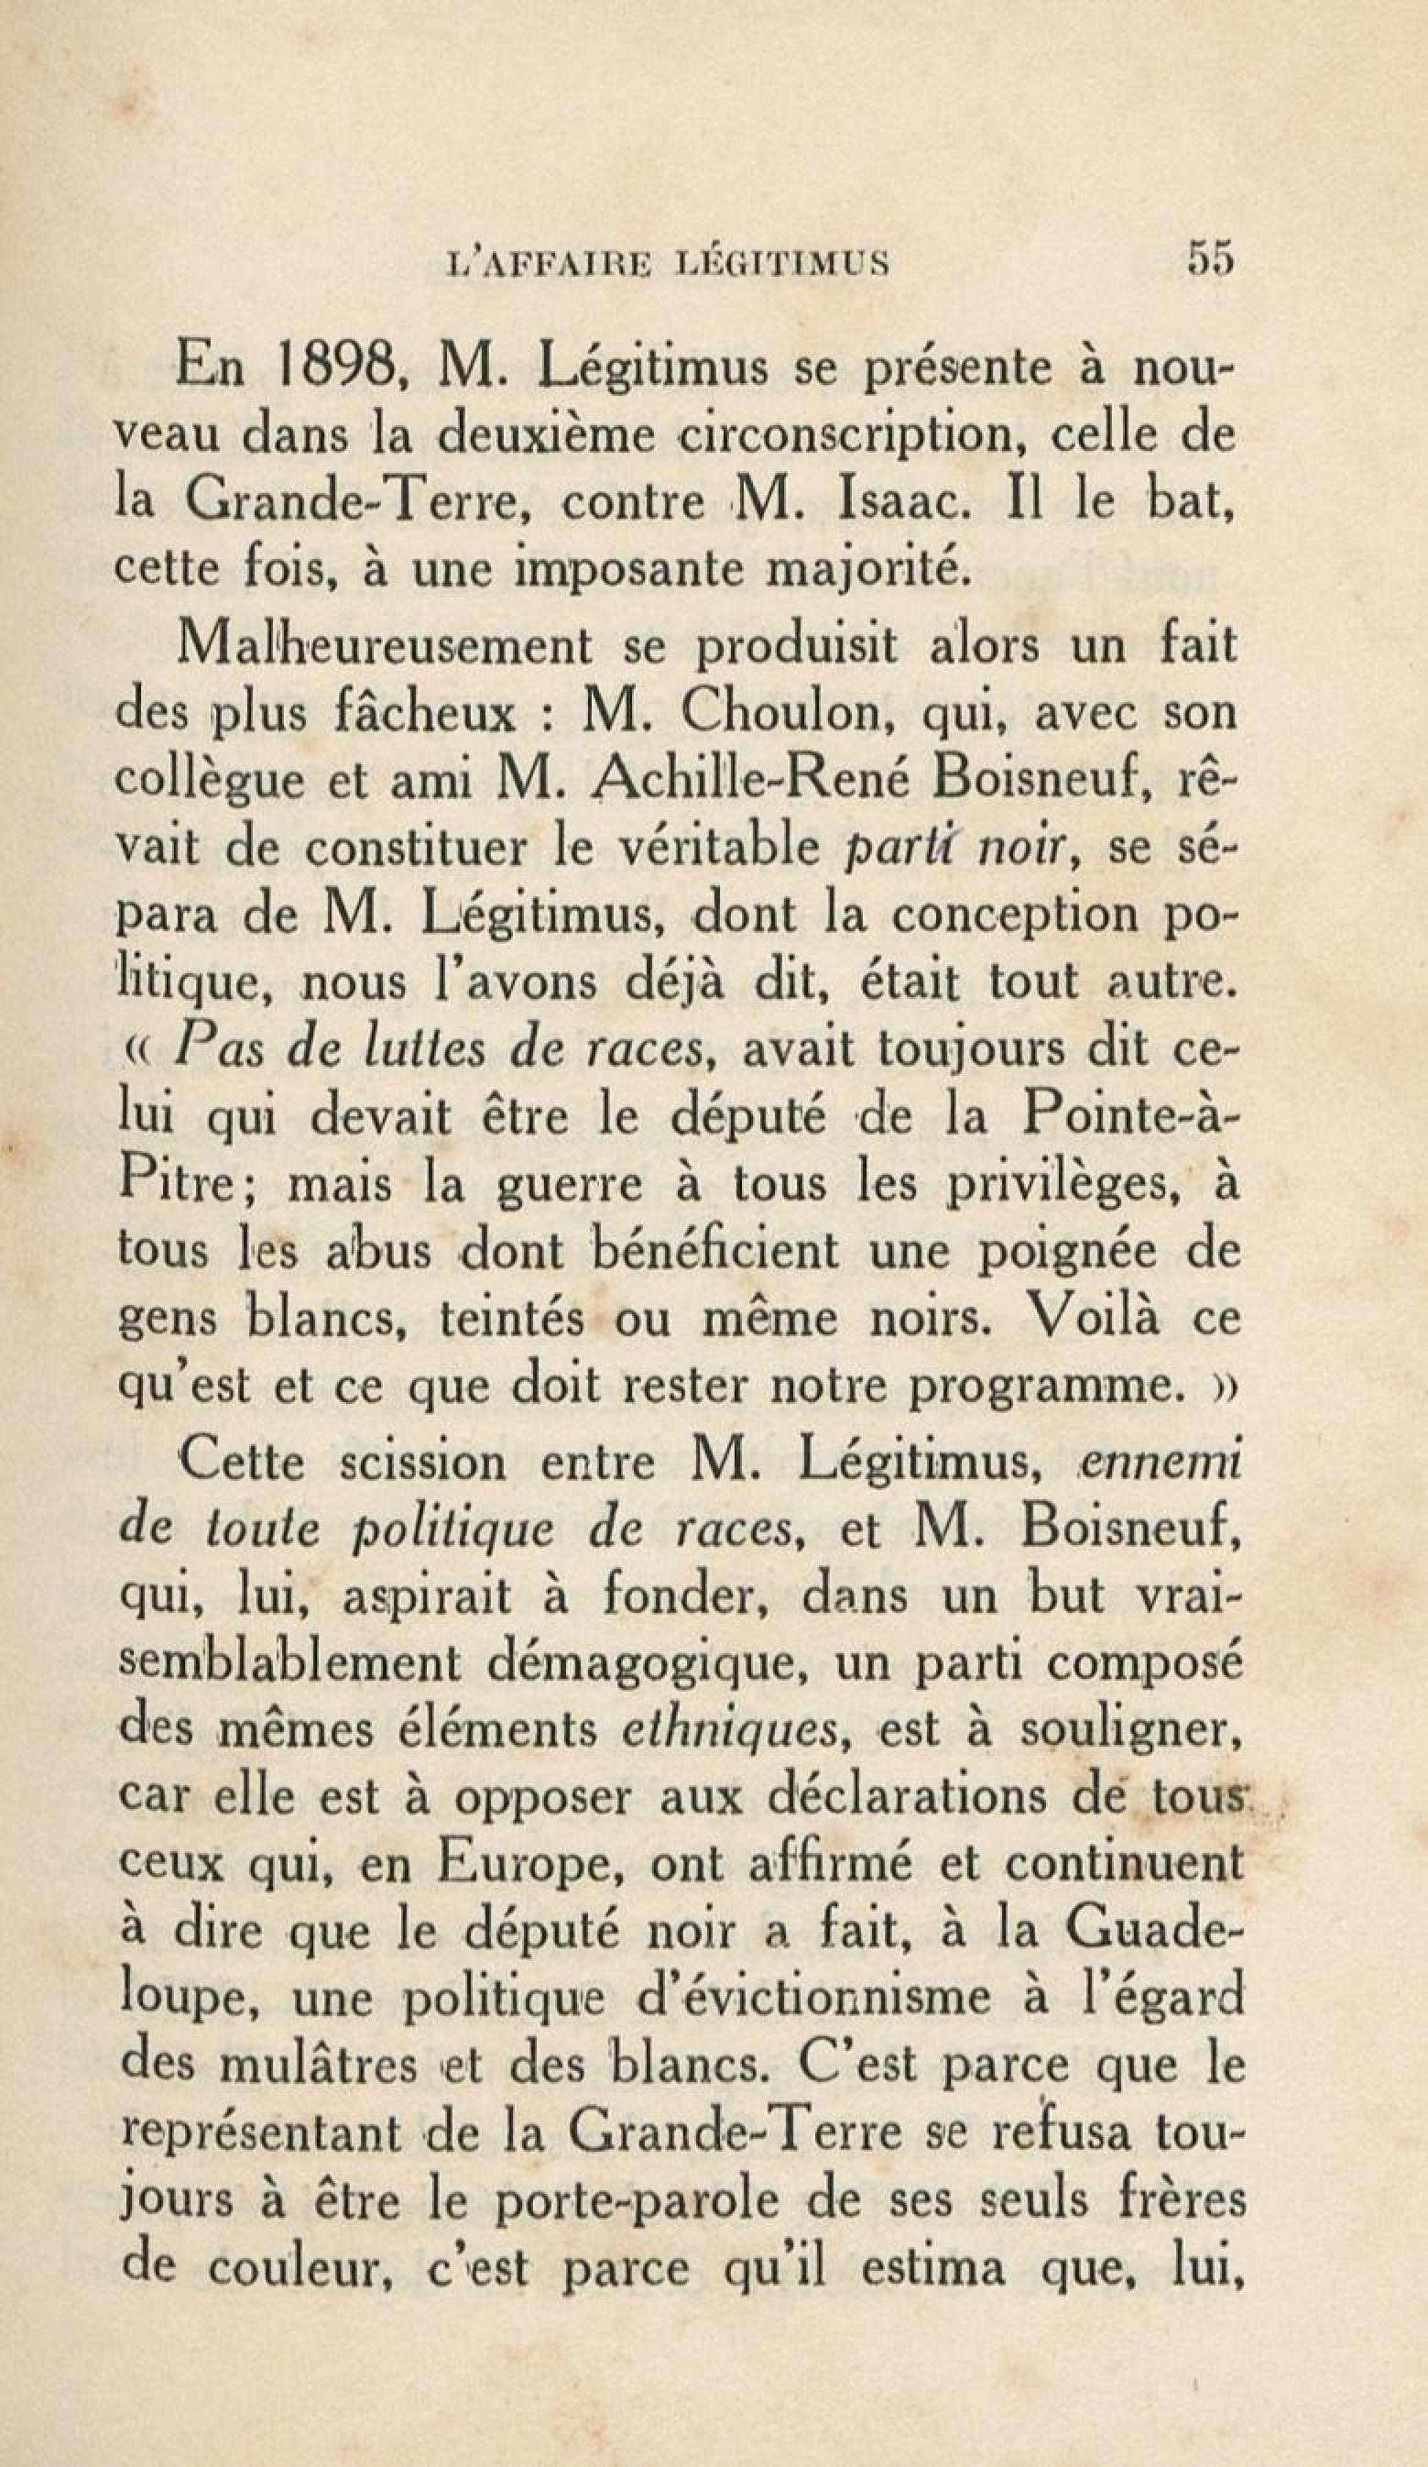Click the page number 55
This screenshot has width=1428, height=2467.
tap(1212, 259)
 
